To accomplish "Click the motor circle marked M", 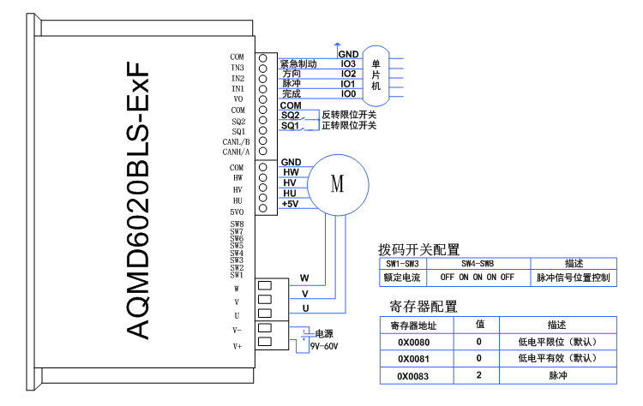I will tap(337, 183).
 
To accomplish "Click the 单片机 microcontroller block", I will tap(376, 75).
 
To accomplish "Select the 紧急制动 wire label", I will tap(299, 64).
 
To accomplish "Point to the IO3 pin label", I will tap(348, 63).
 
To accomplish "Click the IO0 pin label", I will tap(348, 94).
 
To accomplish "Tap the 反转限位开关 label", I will tap(349, 115).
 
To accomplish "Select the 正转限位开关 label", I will tap(349, 126).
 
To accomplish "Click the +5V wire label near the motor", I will tap(290, 204).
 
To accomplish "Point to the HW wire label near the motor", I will tap(290, 172).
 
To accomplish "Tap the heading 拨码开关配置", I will tap(419, 250).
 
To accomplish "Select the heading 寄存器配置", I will tap(424, 306).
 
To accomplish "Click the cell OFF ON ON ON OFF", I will tap(477, 278).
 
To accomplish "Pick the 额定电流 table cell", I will tap(401, 278).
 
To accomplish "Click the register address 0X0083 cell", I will tap(413, 375).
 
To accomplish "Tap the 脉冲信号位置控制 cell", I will tap(574, 278).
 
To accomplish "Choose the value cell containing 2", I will tap(478, 375).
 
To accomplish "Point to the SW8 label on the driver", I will tap(237, 224).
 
